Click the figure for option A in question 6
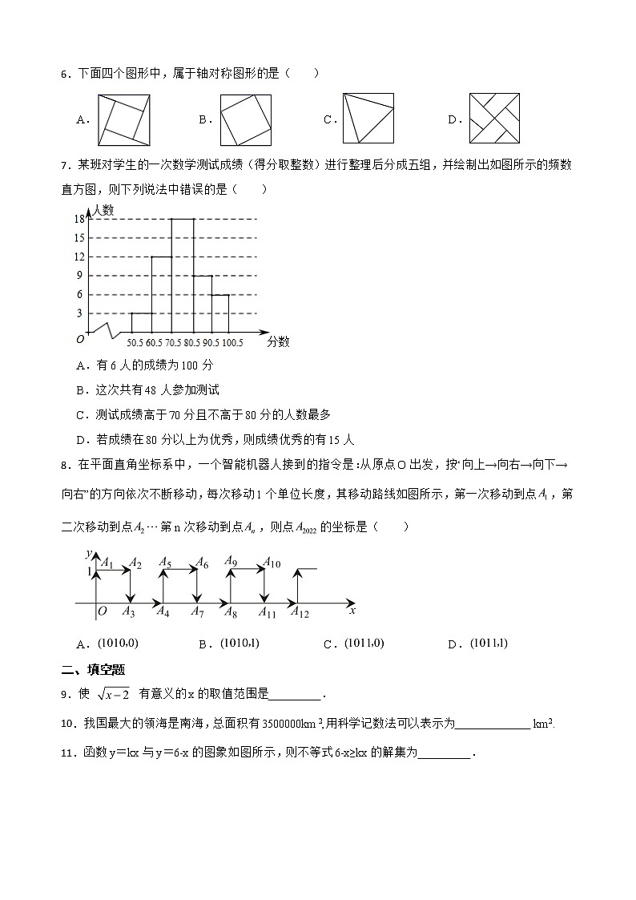(123, 119)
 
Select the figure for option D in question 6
(494, 119)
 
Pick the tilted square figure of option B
(246, 119)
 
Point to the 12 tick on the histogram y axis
(79, 256)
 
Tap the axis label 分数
(278, 341)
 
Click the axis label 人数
(103, 210)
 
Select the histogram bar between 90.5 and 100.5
(220, 313)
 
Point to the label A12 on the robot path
(299, 613)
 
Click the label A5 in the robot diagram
(165, 563)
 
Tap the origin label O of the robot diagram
(103, 612)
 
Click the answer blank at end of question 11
(445, 753)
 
